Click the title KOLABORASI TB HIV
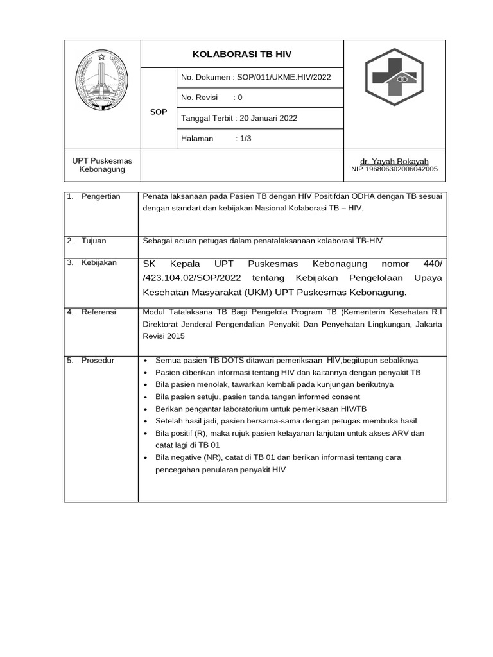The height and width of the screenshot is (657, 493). tap(242, 55)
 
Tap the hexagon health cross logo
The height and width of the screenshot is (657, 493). tap(394, 79)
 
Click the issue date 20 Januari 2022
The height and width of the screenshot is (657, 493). tap(267, 118)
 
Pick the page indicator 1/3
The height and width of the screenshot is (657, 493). tap(244, 138)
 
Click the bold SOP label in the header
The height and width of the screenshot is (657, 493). tap(158, 112)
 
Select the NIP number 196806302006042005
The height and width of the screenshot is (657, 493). tap(394, 169)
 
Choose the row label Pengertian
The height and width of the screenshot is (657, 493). tap(101, 196)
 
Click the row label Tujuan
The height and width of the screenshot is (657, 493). tap(94, 241)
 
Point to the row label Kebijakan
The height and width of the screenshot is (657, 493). tap(99, 263)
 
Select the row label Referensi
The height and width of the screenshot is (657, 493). tap(98, 312)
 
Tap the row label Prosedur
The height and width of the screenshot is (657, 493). tap(98, 361)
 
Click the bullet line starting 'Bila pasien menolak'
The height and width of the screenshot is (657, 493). tap(274, 384)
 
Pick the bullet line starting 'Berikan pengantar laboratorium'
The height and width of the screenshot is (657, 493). tap(261, 409)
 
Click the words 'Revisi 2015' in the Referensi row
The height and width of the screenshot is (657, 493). tap(164, 336)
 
